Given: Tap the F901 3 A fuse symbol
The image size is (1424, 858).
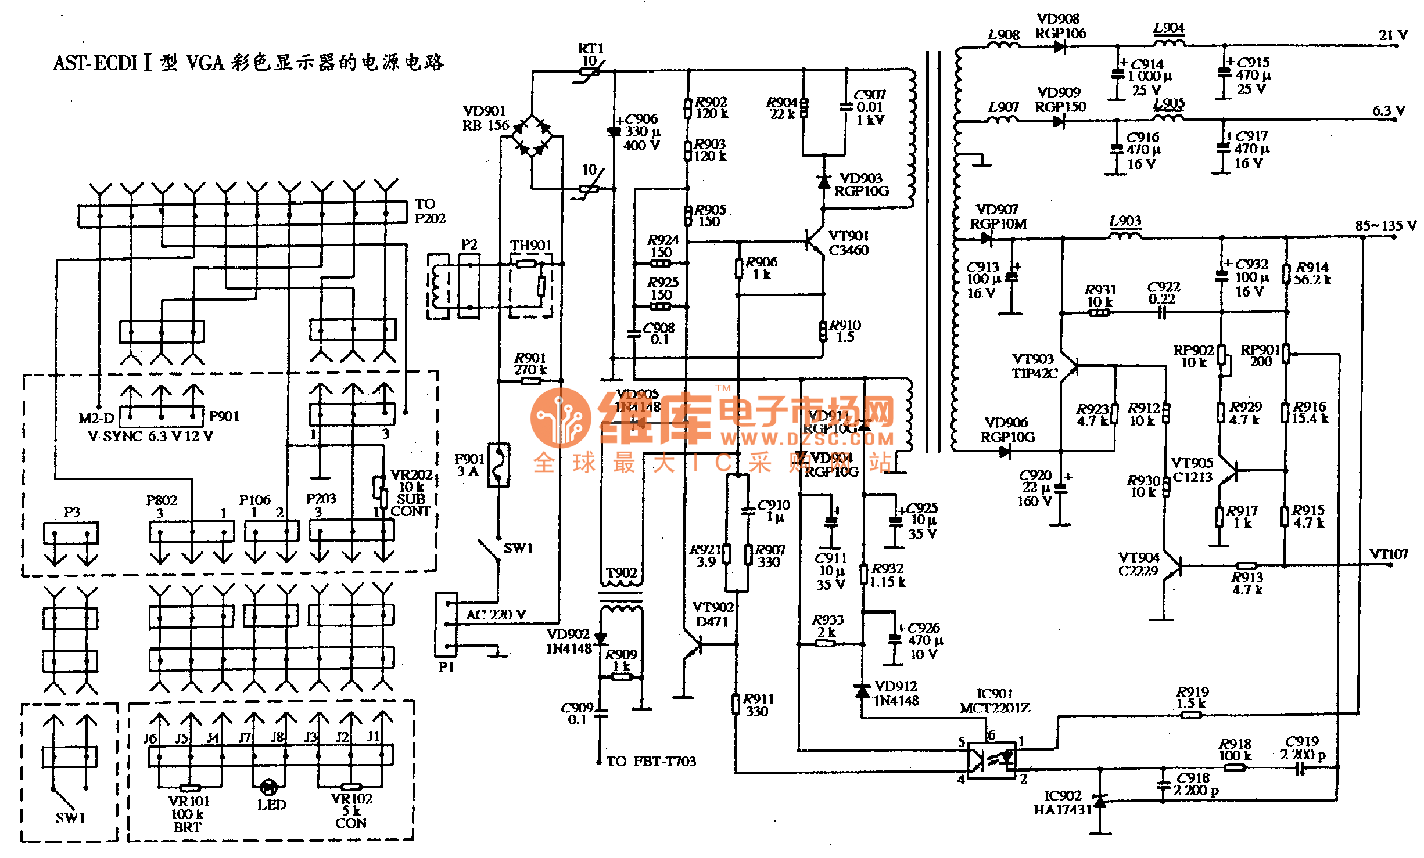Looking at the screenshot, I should (x=498, y=464).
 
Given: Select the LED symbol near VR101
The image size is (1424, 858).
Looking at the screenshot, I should (x=268, y=787).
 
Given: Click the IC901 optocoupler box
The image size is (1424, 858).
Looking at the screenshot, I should (x=992, y=760).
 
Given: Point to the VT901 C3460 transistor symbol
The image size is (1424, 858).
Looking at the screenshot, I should (x=815, y=239).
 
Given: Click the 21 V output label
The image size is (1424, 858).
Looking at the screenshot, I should (x=1393, y=35).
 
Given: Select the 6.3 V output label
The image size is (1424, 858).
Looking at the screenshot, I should (x=1388, y=110).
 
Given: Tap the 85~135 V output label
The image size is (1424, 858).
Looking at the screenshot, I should (x=1385, y=225).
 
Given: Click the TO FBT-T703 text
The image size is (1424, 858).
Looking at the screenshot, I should (x=651, y=761).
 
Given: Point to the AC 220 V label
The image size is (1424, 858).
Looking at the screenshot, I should (x=496, y=614).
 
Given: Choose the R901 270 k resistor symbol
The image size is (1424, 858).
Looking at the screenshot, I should (x=530, y=381).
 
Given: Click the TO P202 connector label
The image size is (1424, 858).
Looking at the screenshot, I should (x=429, y=211).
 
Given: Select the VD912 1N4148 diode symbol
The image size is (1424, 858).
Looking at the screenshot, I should (x=863, y=691).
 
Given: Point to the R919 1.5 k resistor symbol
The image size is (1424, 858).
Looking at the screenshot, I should (x=1191, y=715).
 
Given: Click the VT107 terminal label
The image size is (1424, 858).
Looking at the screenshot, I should (x=1389, y=554).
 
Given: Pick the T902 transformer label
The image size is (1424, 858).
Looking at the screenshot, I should (x=621, y=573).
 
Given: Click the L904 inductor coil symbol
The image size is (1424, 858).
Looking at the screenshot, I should (x=1169, y=42).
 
